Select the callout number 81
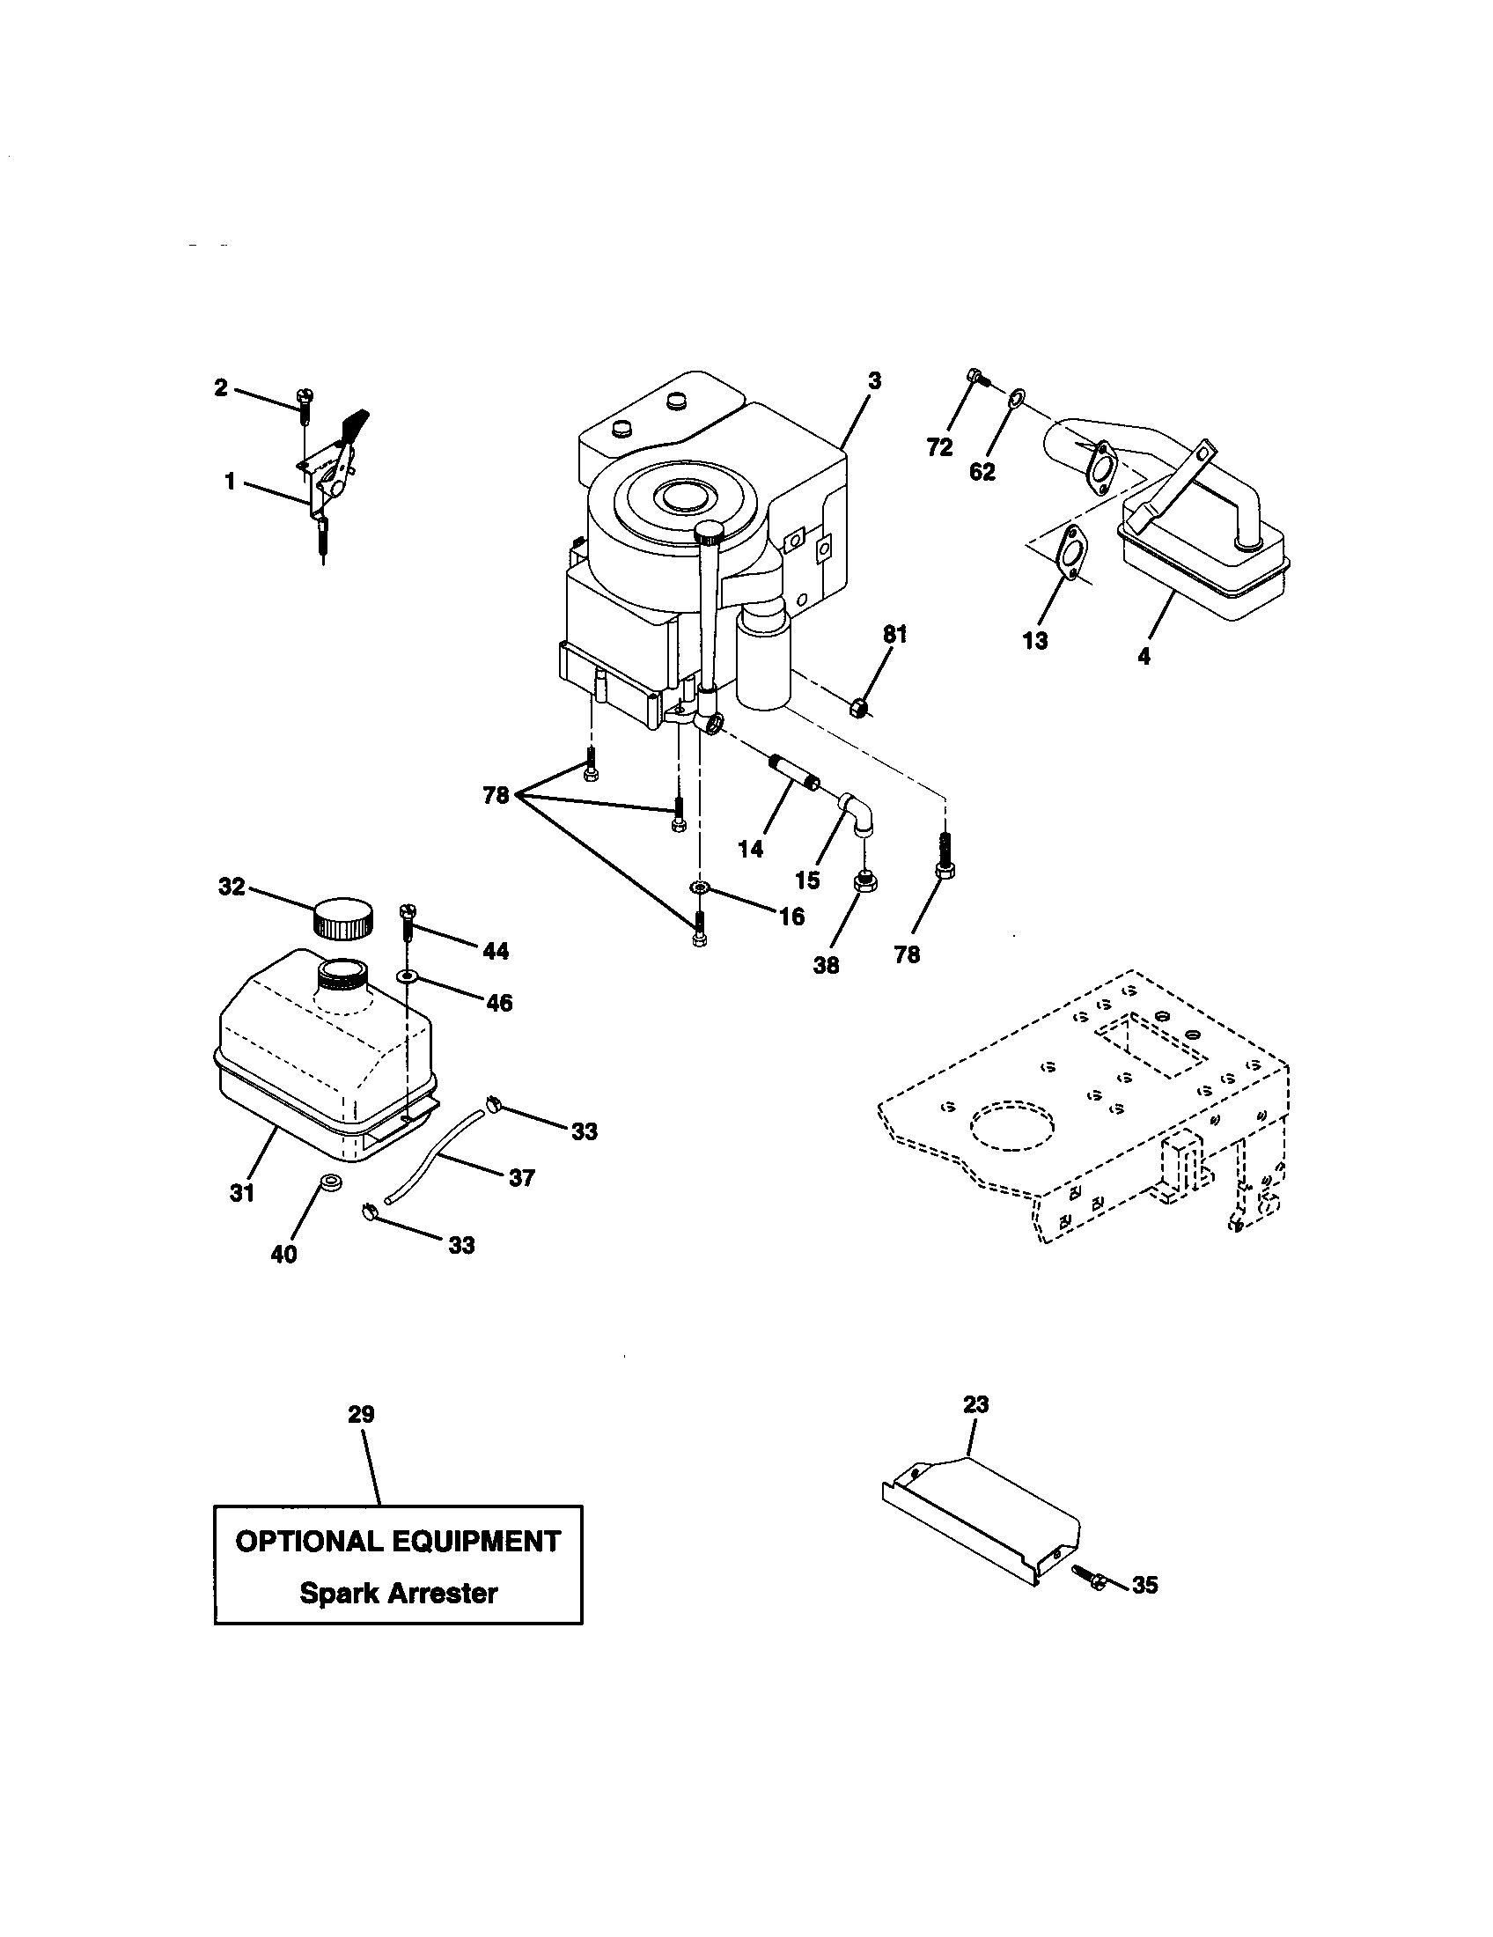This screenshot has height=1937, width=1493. [x=894, y=635]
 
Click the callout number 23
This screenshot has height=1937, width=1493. [x=975, y=1405]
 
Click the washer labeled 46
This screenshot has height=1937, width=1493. [x=408, y=976]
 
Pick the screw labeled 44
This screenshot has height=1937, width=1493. [x=408, y=923]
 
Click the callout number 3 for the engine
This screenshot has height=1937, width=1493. [x=874, y=381]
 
